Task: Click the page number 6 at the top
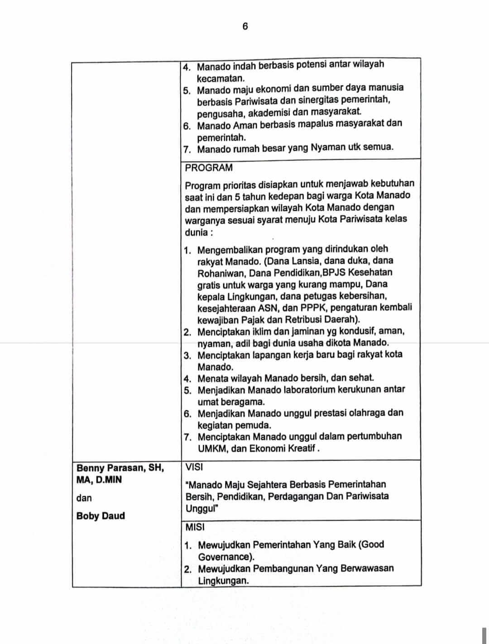click(x=245, y=26)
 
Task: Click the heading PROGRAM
click(x=209, y=168)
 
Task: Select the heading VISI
click(x=194, y=467)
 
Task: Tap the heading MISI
click(x=195, y=527)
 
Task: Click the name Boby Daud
click(x=101, y=516)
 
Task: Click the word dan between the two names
click(x=84, y=498)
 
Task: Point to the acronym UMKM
click(x=211, y=449)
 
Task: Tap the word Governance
click(x=225, y=557)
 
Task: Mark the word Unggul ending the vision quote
click(x=202, y=508)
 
